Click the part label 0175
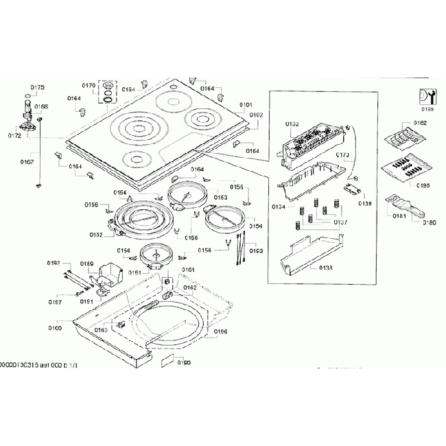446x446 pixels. pos(38,87)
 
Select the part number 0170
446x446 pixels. pos(89,85)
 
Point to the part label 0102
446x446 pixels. pos(256,115)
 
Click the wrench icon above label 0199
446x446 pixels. pos(427,95)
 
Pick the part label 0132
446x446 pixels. pos(292,124)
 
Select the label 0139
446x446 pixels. pos(364,203)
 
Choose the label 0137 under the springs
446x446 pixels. pos(340,222)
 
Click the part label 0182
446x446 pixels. pos(419,123)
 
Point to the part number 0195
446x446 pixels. pos(422,185)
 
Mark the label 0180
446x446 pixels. pos(429,222)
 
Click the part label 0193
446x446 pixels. pos(255,250)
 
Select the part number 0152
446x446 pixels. pos(95,235)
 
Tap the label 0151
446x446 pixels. pos(135,272)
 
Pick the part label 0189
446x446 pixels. pos(87,263)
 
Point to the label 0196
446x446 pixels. pos(220,331)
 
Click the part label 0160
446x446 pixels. pos(55,328)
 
